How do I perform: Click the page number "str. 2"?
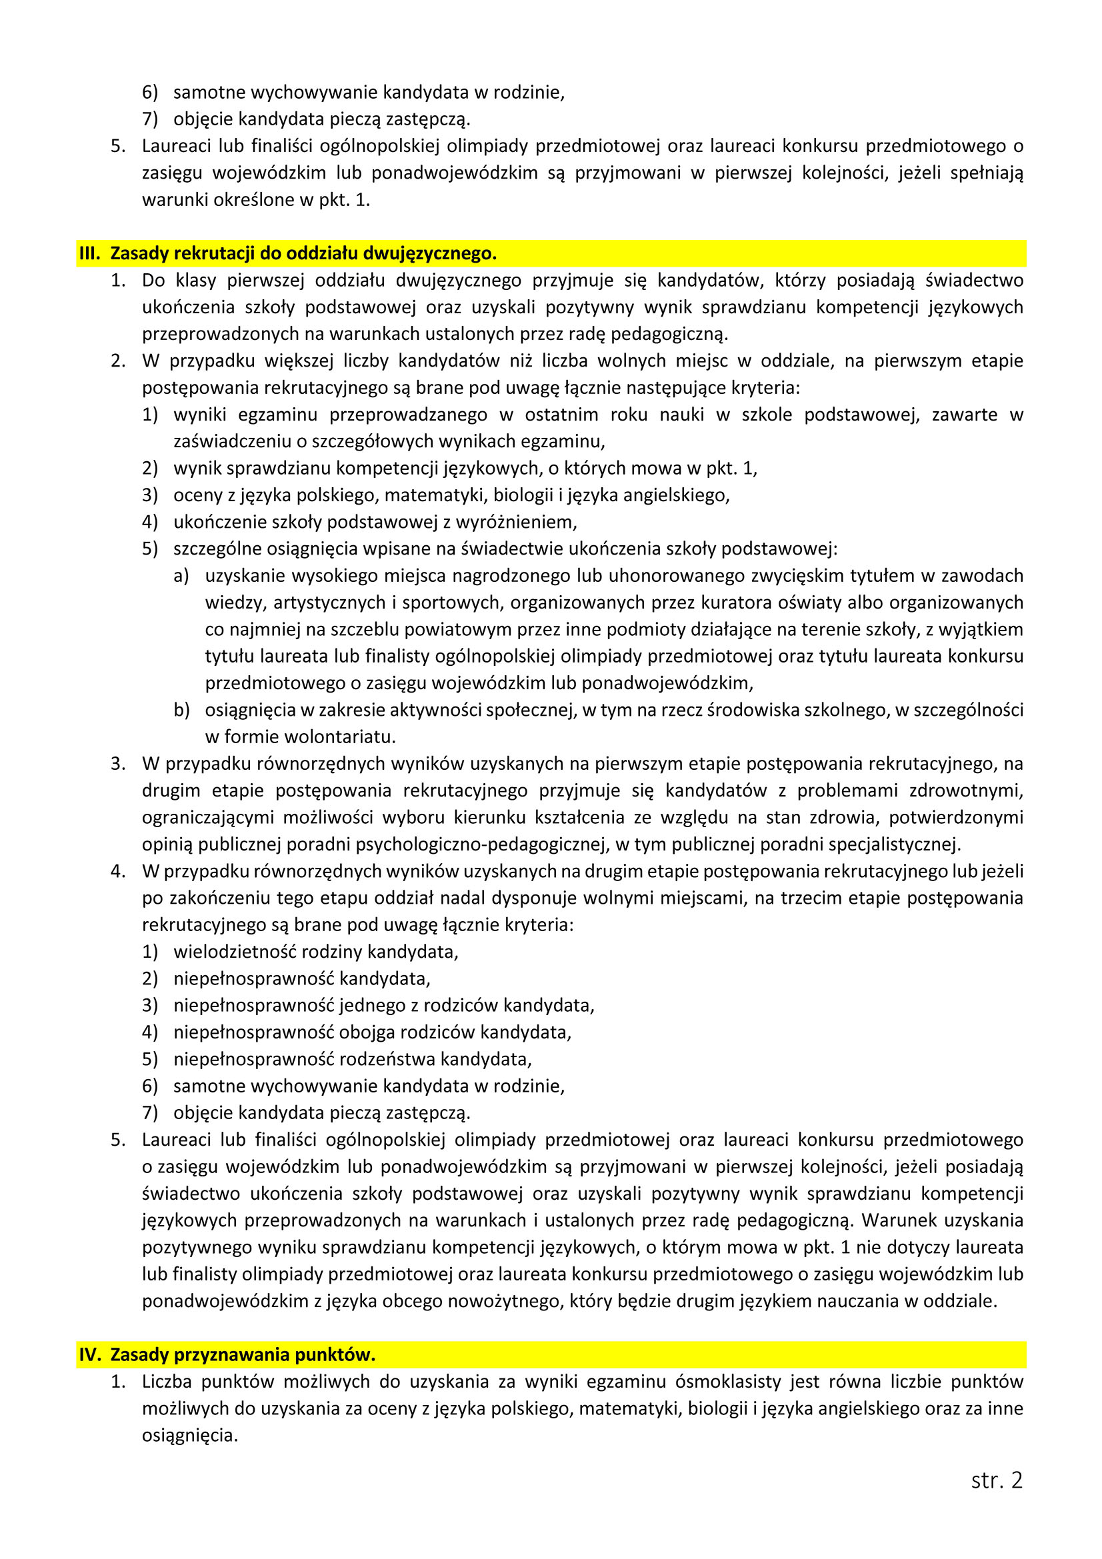996,1480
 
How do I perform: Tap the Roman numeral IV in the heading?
89,1354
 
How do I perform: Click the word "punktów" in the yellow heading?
341,1354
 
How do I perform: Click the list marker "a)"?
181,576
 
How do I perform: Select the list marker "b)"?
181,711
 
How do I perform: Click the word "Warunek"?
895,1220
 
